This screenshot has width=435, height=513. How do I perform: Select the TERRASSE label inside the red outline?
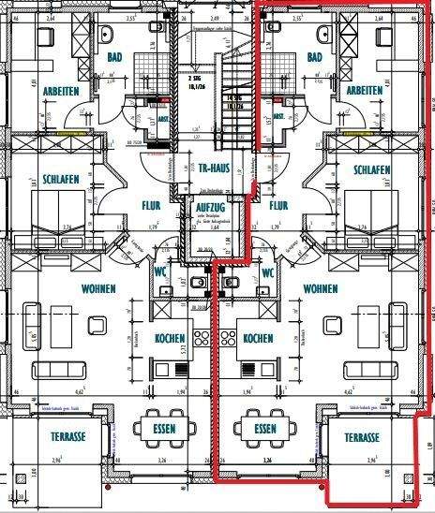coord(361,437)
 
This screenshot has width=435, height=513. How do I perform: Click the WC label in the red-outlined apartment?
coord(268,272)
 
